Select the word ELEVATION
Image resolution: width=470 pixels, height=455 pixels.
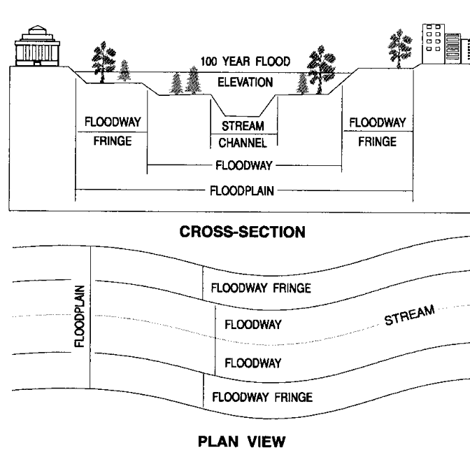245,82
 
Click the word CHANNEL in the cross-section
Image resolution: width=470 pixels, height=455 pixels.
243,143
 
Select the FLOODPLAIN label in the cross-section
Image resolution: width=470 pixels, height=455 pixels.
243,189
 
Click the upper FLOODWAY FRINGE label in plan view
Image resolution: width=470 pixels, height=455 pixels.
260,288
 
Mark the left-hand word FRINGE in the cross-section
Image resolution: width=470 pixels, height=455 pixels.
111,141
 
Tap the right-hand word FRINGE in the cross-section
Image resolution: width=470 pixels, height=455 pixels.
377,141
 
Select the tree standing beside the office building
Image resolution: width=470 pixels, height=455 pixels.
400,45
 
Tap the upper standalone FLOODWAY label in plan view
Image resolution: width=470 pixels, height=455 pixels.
252,324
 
